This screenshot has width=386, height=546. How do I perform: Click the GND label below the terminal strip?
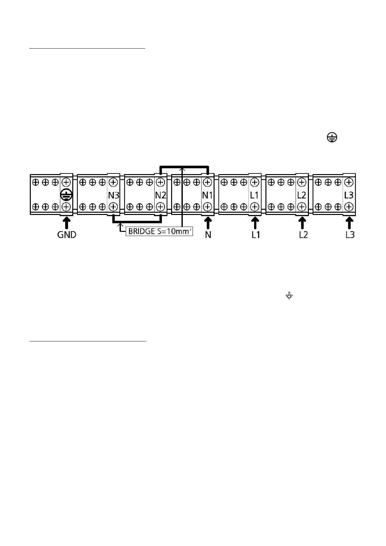(67, 234)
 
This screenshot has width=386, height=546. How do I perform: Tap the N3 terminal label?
(113, 196)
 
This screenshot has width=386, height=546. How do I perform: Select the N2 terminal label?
(161, 196)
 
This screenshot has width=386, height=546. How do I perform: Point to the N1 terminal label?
(207, 196)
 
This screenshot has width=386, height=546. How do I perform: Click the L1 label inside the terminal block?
(254, 196)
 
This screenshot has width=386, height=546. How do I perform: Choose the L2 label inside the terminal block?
(301, 196)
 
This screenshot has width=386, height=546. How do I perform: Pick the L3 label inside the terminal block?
(349, 196)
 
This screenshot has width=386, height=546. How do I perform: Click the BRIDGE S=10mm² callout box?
(159, 232)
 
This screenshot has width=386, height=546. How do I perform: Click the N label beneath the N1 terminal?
(208, 235)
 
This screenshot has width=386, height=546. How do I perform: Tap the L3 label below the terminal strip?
(350, 235)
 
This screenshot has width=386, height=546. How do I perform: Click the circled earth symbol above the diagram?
(332, 138)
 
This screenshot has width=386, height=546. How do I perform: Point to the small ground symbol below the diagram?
(289, 295)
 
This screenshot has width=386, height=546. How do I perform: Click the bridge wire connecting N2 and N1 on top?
(184, 167)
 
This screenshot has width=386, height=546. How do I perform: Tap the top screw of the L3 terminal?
(349, 182)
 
